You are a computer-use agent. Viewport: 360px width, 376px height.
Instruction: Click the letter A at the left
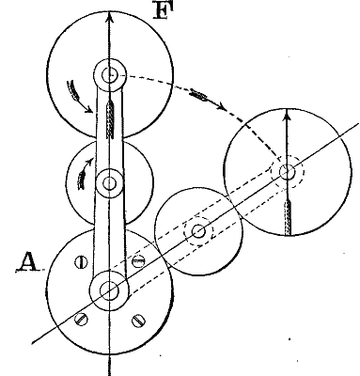click(25, 269)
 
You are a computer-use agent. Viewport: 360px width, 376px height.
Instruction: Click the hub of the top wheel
click(111, 72)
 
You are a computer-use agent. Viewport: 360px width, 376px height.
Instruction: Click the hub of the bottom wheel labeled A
click(110, 290)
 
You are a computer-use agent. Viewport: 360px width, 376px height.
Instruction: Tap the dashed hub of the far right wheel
click(287, 171)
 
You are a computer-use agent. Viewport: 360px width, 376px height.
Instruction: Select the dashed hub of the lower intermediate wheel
click(197, 231)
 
